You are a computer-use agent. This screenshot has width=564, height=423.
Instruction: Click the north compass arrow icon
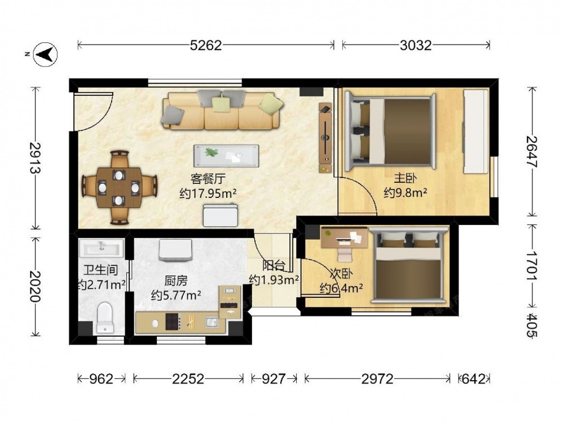click(45, 55)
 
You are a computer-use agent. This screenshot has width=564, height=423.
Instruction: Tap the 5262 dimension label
click(206, 45)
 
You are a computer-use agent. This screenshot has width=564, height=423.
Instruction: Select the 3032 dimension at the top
click(416, 45)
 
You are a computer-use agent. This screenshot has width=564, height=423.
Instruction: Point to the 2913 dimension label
click(35, 158)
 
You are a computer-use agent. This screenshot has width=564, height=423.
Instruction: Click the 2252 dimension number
click(188, 378)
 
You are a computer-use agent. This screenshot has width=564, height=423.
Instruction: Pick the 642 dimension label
click(473, 378)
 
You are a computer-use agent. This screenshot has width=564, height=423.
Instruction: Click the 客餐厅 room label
click(208, 178)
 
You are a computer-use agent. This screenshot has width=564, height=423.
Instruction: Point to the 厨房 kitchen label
click(176, 280)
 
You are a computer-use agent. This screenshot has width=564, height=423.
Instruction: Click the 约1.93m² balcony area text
click(274, 280)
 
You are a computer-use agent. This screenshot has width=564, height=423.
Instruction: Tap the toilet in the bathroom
click(105, 317)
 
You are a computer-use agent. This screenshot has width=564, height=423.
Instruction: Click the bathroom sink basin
click(102, 248)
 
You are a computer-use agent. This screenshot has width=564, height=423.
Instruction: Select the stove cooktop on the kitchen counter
click(173, 321)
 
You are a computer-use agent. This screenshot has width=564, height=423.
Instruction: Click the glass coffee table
click(226, 156)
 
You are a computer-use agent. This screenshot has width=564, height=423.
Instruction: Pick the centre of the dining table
click(118, 187)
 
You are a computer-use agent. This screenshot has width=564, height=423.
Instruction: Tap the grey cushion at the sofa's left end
click(173, 116)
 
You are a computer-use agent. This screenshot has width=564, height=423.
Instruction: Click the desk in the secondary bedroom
click(344, 237)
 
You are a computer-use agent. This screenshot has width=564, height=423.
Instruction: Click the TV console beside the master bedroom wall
click(325, 138)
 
